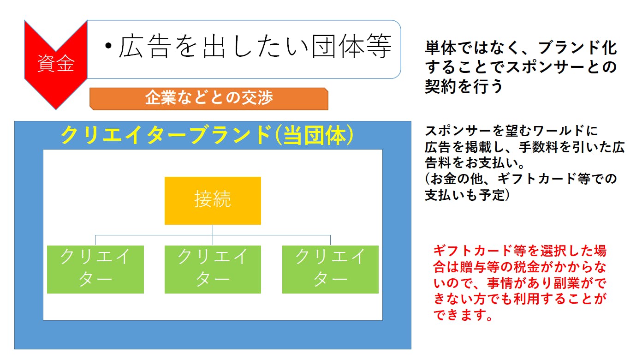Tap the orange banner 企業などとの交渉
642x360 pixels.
click(x=209, y=99)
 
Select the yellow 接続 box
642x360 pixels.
click(x=213, y=200)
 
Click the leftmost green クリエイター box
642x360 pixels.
click(x=95, y=270)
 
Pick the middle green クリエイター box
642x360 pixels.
click(x=213, y=270)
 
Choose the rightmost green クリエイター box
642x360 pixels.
click(x=331, y=270)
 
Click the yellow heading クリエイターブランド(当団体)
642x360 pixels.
click(x=207, y=135)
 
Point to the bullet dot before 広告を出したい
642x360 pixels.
click(x=108, y=46)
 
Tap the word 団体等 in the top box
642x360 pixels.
click(x=352, y=46)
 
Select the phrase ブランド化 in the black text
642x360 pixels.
click(x=578, y=48)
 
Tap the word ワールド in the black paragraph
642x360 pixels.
click(x=559, y=131)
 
